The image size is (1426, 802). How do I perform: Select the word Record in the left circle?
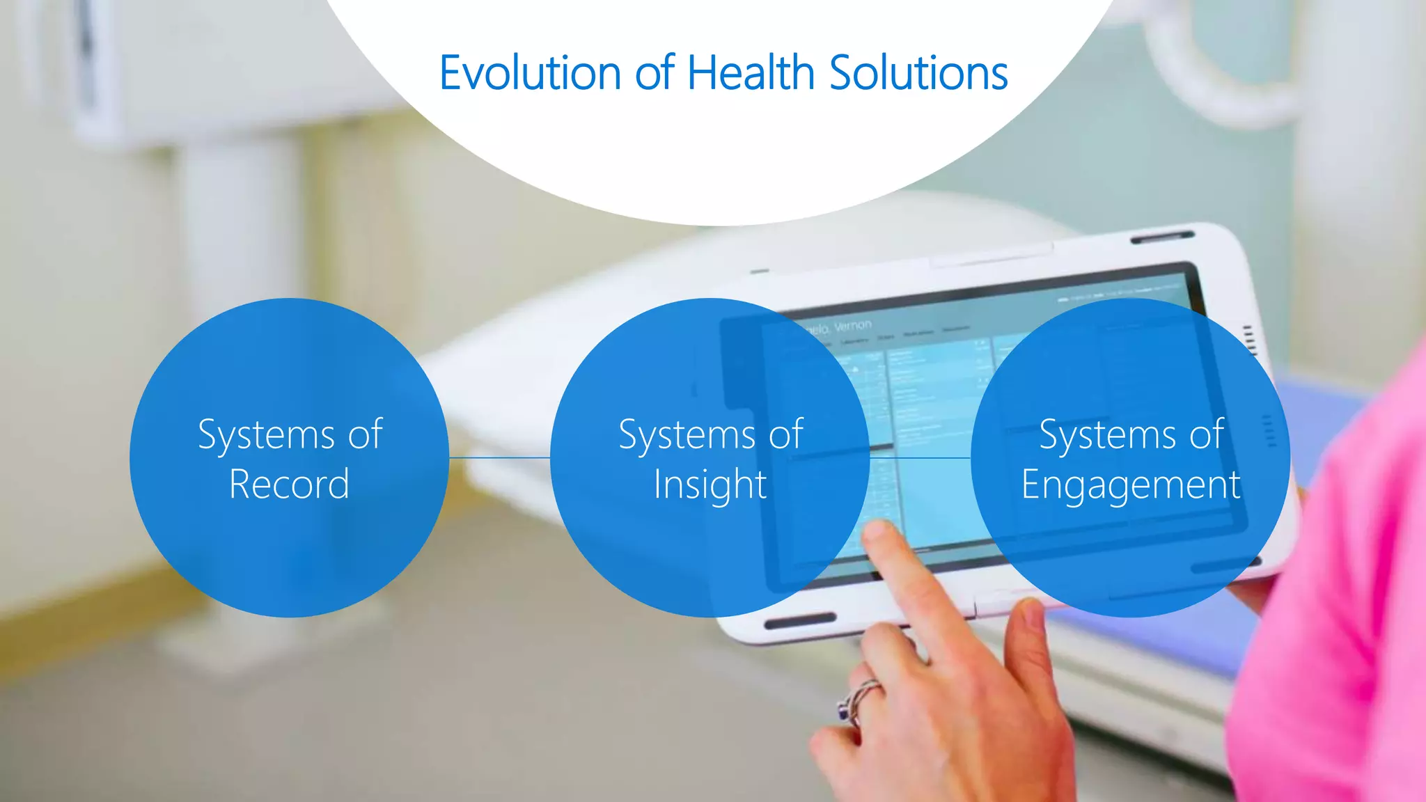[x=289, y=485]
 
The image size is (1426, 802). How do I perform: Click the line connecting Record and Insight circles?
[x=499, y=457]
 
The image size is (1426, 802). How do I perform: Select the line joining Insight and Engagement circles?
[x=920, y=457]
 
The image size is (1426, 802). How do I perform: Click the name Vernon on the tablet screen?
[x=853, y=325]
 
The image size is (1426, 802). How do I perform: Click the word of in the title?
[x=654, y=73]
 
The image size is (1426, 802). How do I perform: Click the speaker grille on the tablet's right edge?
[x=1249, y=340]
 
